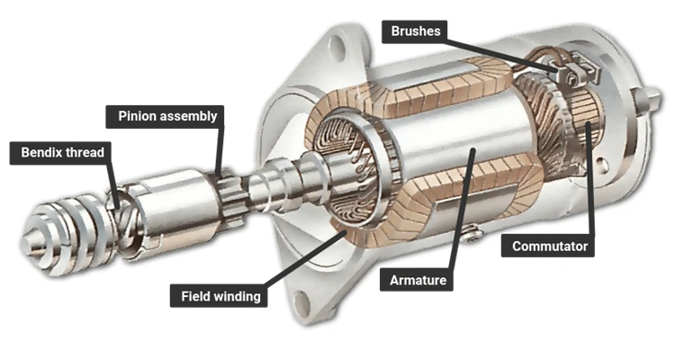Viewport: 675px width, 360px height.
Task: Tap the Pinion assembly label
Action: click(x=166, y=116)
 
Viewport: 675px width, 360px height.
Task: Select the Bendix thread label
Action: click(x=63, y=153)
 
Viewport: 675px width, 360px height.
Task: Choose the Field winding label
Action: click(x=220, y=294)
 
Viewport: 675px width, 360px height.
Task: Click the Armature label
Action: click(x=418, y=280)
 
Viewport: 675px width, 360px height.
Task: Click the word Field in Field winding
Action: click(x=196, y=294)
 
